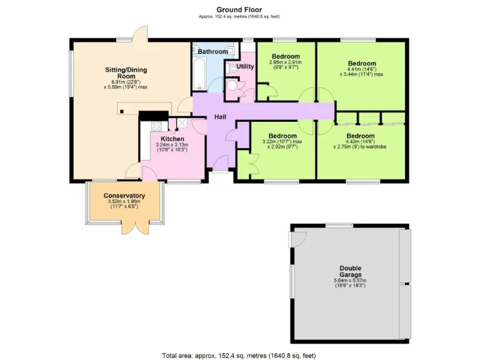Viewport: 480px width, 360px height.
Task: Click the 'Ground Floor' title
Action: click(239, 9)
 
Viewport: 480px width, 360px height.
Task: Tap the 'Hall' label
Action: click(221, 117)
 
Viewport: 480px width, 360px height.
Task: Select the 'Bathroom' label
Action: click(212, 52)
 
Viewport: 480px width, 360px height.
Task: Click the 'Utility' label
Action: click(246, 66)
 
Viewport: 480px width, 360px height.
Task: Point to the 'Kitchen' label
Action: click(172, 139)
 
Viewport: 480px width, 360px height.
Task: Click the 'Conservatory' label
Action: click(124, 195)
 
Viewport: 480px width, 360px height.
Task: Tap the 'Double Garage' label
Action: click(350, 272)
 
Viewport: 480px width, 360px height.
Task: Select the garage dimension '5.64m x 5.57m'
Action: click(350, 281)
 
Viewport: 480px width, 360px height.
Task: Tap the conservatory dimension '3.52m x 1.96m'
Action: click(124, 201)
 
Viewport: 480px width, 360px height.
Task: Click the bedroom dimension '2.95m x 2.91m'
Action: click(285, 62)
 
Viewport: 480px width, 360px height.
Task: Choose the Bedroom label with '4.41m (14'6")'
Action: click(362, 63)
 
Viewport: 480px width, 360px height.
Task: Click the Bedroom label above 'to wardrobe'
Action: click(361, 136)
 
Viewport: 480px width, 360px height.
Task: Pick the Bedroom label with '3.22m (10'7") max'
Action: click(282, 136)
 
